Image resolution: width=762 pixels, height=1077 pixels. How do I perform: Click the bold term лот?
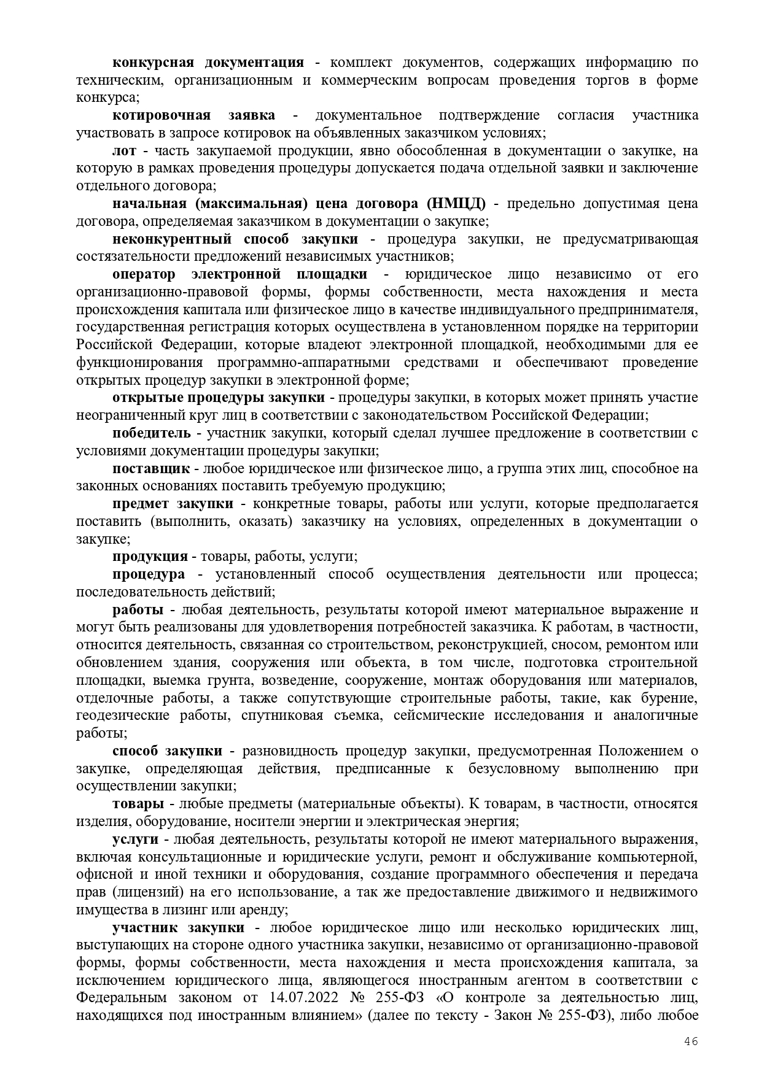click(124, 151)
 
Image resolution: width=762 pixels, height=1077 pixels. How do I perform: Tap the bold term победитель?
click(151, 433)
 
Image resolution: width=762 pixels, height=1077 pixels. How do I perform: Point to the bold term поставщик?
click(150, 469)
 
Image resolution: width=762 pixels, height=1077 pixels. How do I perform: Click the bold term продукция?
click(150, 557)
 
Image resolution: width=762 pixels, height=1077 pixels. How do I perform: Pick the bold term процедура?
click(148, 574)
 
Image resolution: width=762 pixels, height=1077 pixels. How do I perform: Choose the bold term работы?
click(138, 610)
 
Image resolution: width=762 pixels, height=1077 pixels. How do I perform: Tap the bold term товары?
click(138, 804)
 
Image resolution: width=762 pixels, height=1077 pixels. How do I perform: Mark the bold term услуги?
click(135, 839)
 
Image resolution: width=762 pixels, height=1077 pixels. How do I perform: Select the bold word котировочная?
click(161, 115)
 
